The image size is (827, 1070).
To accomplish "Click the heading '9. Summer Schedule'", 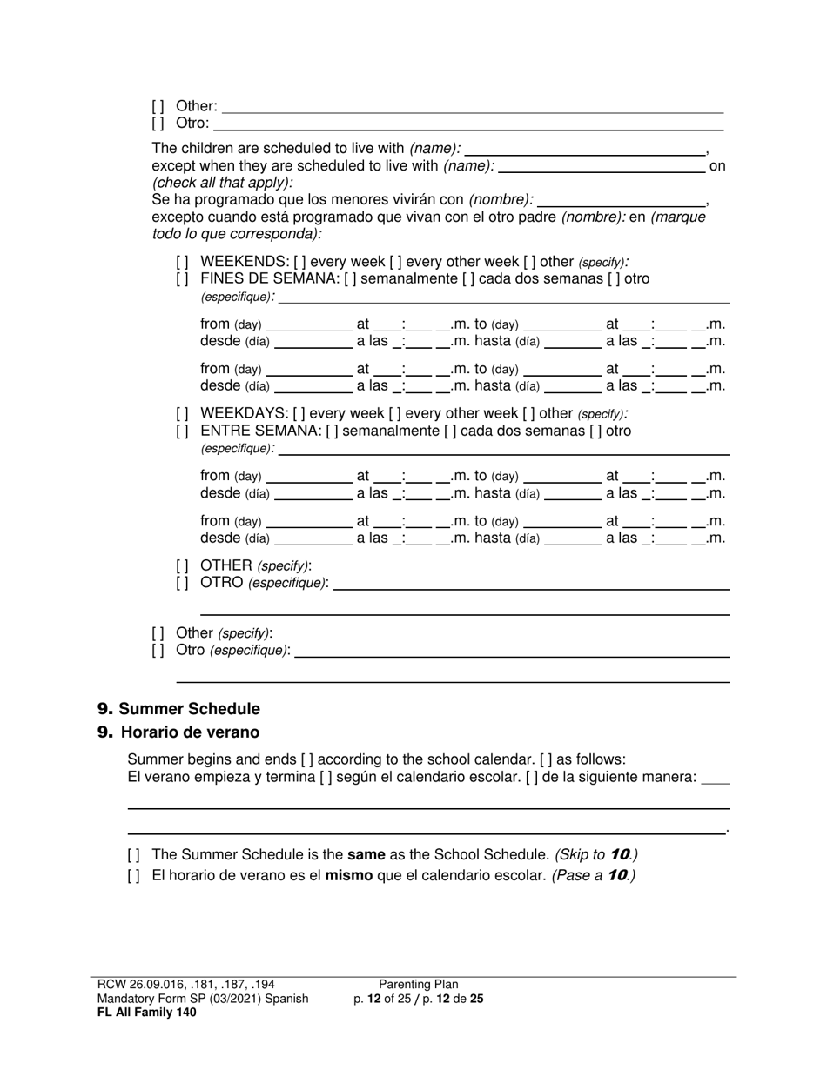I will tap(178, 709).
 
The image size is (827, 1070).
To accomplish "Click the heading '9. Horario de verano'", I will tap(178, 732).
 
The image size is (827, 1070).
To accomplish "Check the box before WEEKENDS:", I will tap(182, 262).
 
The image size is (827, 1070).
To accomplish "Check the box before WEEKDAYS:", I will tap(182, 413).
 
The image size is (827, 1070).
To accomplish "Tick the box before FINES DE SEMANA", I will tap(182, 279).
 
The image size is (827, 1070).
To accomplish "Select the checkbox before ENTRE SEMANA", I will tap(182, 431).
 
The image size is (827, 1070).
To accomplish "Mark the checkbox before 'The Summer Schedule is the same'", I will tap(133, 855).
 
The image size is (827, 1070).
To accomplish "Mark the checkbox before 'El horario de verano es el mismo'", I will tap(133, 876).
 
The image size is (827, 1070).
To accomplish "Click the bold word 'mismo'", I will tap(348, 876).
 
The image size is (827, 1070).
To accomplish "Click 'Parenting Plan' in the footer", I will tap(419, 985).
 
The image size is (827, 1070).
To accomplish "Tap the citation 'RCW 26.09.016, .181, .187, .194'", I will tap(186, 985).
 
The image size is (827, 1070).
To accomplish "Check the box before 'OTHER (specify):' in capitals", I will tap(182, 565).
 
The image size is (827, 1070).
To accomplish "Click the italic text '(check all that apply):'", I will tap(223, 183).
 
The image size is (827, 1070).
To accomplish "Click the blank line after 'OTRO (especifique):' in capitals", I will tap(531, 585).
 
